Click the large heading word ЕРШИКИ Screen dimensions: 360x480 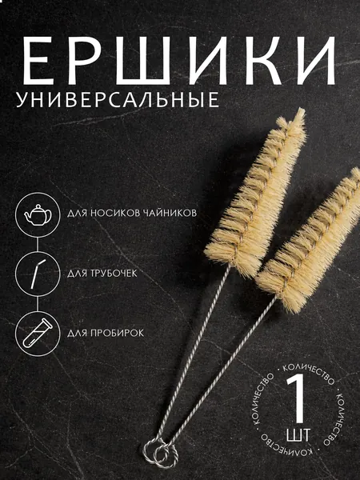click(179, 61)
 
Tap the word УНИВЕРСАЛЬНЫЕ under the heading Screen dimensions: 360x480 click(118, 99)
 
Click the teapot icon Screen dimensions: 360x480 click(38, 214)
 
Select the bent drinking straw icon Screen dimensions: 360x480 click(38, 274)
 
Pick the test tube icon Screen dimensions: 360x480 click(38, 333)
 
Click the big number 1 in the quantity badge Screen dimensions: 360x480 click(297, 398)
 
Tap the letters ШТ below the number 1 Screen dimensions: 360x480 click(298, 434)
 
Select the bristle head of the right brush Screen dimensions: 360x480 click(309, 242)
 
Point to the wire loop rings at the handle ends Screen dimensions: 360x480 click(160, 451)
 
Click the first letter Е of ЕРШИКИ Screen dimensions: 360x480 click(38, 61)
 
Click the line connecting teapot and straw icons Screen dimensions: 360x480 click(38, 244)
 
